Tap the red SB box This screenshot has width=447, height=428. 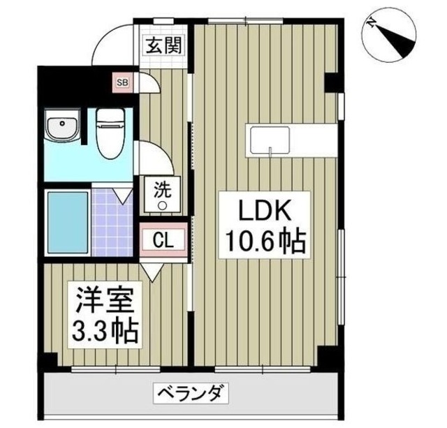point(123,83)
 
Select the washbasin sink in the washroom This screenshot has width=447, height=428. point(62,128)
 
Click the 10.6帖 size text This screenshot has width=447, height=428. point(263,242)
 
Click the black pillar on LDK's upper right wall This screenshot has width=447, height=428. point(334,83)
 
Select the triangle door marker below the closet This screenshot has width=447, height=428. point(152,267)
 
